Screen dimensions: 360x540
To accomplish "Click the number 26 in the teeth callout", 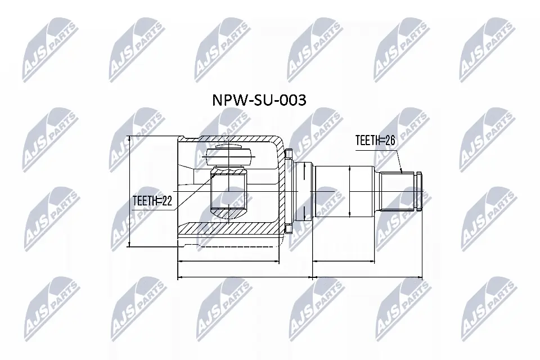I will pos(389,141).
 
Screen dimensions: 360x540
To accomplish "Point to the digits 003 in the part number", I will pos(292,101).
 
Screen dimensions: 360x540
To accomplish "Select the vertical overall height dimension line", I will pos(130,191).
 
